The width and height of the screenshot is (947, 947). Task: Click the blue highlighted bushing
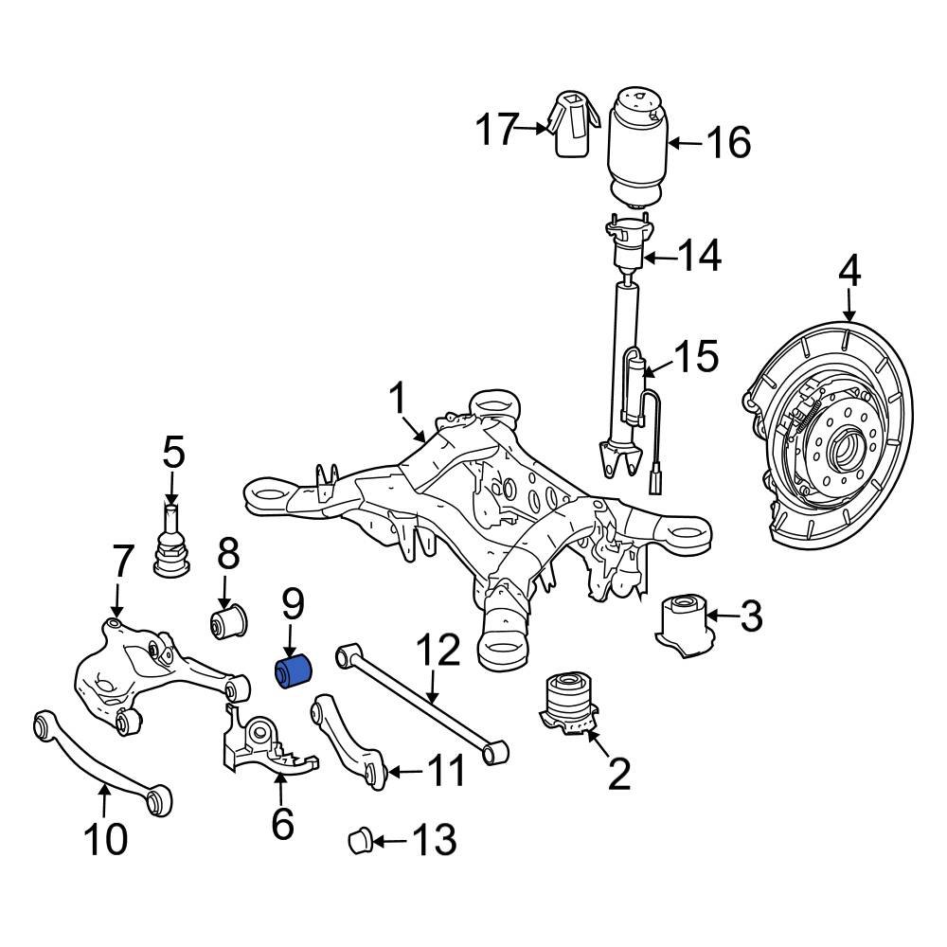[x=294, y=670]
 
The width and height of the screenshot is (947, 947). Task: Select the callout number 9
[x=292, y=605]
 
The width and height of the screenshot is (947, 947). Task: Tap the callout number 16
[x=728, y=143]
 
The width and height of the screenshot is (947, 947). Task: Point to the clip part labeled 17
[x=571, y=125]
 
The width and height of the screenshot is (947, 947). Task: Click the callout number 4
[x=849, y=274]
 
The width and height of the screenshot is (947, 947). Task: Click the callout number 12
[x=438, y=652]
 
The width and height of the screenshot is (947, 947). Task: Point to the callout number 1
[x=399, y=400]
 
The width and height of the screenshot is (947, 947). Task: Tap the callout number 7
[x=123, y=563]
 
